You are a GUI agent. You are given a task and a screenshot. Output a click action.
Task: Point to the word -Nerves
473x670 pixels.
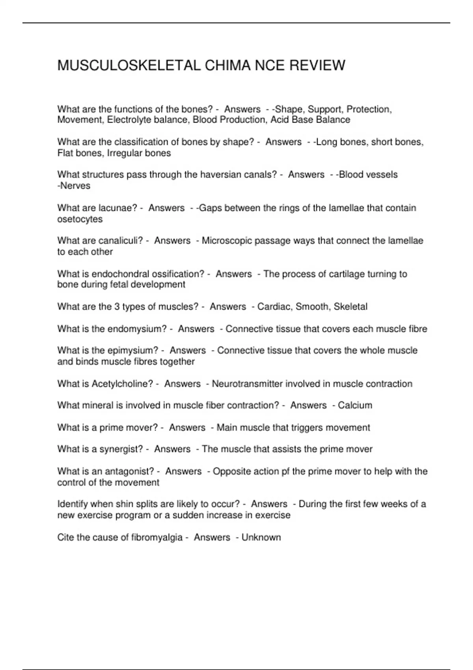tap(74, 186)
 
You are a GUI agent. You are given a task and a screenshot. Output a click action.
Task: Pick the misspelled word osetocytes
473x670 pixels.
tap(80, 219)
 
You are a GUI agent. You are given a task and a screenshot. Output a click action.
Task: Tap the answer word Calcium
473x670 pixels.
tap(355, 405)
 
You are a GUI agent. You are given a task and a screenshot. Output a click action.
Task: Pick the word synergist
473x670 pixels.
tap(123, 449)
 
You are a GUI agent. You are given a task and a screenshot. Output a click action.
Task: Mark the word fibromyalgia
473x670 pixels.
tap(157, 538)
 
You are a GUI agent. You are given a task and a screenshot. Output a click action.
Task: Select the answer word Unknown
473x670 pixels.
tap(261, 538)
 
